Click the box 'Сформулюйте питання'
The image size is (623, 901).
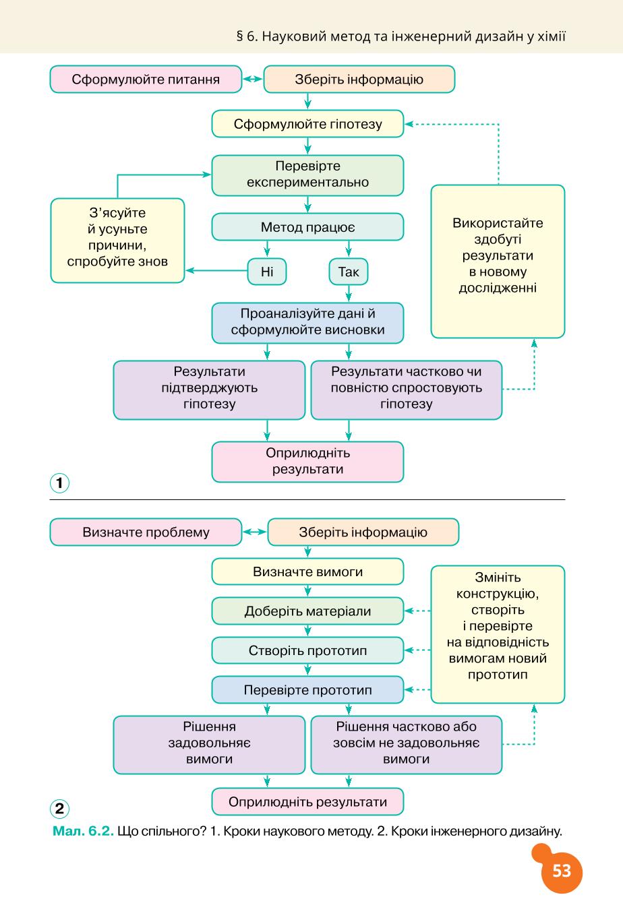(146, 80)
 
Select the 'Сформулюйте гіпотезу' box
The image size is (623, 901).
(307, 124)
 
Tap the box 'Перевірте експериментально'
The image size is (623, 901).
(307, 175)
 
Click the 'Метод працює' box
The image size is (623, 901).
(307, 227)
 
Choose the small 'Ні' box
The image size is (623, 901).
(267, 272)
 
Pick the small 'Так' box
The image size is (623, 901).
(349, 272)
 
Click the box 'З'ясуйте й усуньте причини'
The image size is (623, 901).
(117, 241)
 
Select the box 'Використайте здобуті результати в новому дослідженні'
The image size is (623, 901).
(498, 261)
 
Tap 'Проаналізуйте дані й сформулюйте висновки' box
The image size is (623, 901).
(307, 323)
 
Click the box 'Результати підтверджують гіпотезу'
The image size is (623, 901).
(209, 390)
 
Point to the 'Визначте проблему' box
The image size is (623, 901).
(146, 532)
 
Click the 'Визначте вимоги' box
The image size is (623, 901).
(307, 571)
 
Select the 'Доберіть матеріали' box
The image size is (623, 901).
(307, 611)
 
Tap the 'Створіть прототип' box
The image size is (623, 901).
(307, 650)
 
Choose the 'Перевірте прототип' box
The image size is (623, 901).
(307, 690)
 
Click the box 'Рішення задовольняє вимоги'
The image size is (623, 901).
(209, 745)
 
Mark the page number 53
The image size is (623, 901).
(562, 871)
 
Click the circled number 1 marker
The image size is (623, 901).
(59, 483)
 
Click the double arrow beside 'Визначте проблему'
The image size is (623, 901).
(254, 532)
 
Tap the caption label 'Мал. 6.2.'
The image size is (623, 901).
(84, 831)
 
